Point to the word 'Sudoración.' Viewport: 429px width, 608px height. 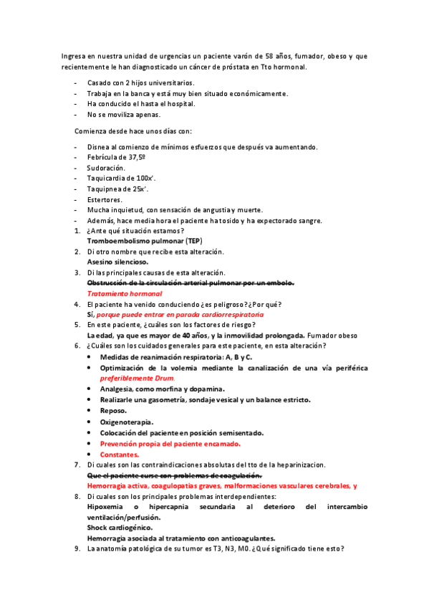pos(106,167)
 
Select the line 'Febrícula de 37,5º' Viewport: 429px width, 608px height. pos(116,157)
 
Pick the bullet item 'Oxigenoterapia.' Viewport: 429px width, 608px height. pos(127,422)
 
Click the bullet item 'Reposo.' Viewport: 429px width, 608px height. pos(113,411)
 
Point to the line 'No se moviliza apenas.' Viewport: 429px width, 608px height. pos(124,114)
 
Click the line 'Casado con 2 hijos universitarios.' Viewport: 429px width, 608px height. pos(140,83)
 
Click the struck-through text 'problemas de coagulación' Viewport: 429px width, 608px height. pos(215,475)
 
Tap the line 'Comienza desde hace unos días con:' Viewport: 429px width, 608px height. pos(133,130)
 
